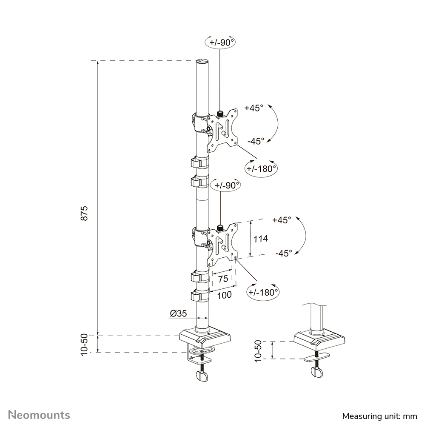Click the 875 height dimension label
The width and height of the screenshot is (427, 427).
click(x=85, y=213)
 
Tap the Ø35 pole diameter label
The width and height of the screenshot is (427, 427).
click(x=178, y=313)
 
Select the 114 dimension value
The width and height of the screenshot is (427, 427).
click(x=260, y=239)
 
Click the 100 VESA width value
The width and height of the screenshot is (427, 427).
click(x=223, y=294)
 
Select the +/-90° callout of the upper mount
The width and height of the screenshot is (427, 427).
click(x=221, y=42)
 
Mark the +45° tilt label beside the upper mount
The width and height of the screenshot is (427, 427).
click(x=254, y=108)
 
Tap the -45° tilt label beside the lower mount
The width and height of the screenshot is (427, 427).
click(x=283, y=253)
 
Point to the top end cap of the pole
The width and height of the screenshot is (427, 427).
click(x=203, y=62)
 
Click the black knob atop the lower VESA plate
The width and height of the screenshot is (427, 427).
click(x=221, y=228)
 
